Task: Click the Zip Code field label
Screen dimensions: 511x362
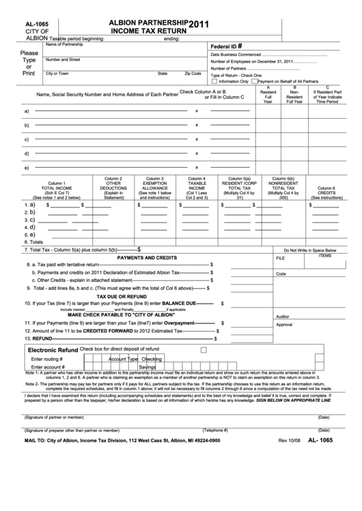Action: (x=193, y=73)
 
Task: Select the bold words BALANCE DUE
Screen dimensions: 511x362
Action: (x=178, y=302)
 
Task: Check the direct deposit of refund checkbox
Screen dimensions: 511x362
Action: (x=203, y=349)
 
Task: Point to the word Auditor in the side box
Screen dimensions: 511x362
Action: (x=283, y=317)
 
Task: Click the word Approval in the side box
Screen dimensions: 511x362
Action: (x=284, y=325)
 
